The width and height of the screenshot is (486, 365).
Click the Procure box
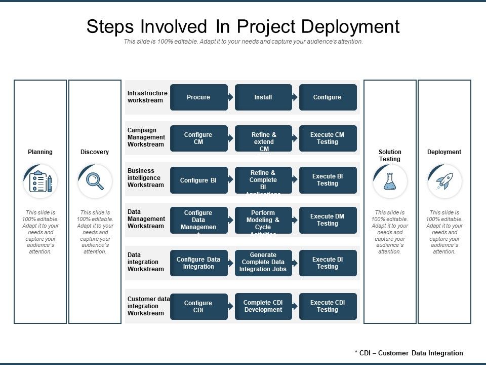198,97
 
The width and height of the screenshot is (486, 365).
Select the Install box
263,97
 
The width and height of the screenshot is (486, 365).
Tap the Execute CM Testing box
328,138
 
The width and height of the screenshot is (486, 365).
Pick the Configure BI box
198,180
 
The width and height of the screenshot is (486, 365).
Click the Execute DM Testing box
328,220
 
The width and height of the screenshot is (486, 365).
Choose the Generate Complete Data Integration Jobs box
263,263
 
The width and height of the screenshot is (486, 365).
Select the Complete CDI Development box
263,306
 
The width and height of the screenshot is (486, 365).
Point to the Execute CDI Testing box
328,306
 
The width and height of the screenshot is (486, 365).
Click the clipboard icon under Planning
40,181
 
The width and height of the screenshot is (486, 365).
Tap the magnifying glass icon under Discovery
95,181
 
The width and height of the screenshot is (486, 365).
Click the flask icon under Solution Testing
390,181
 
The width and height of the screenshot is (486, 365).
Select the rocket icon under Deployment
444,181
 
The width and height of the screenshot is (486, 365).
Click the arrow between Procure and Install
231,97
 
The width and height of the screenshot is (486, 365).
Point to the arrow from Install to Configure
295,97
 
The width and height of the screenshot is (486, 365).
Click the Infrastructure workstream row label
147,97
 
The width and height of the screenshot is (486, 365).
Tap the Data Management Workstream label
146,219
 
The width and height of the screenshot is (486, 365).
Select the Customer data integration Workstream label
148,306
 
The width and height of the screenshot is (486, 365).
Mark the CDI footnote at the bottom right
409,353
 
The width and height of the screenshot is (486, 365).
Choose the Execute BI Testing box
328,180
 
